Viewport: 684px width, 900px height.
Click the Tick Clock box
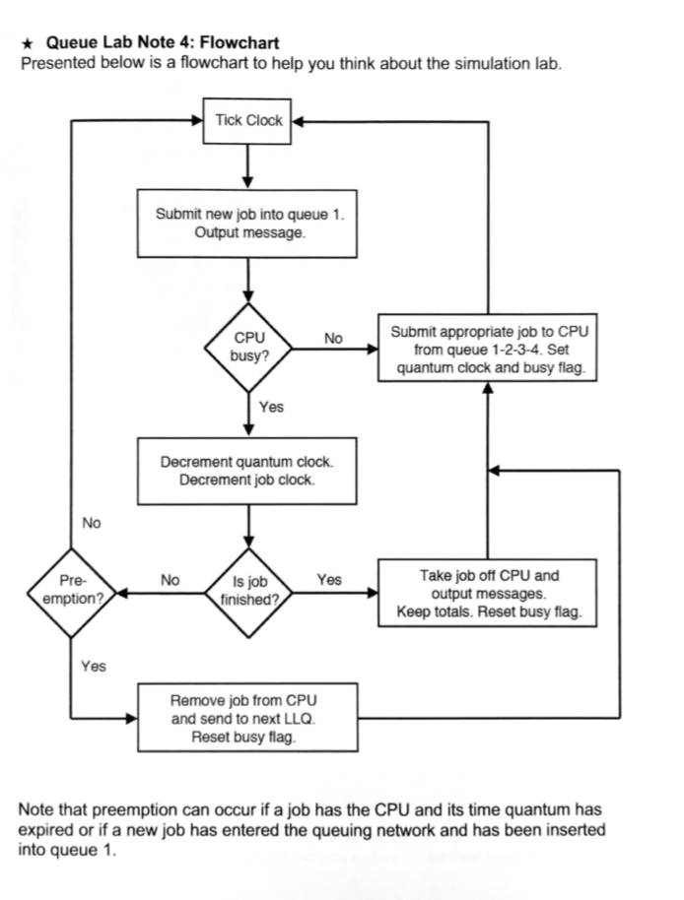point(248,121)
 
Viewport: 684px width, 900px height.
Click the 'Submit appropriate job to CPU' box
point(488,350)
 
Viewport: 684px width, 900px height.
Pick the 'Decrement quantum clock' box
point(248,471)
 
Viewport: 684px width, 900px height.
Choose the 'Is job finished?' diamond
point(248,590)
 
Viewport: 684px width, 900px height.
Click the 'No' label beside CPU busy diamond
point(333,339)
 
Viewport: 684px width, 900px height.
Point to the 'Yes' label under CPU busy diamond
point(271,407)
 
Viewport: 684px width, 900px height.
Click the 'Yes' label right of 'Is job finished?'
point(329,580)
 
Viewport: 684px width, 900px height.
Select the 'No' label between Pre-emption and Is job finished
point(171,580)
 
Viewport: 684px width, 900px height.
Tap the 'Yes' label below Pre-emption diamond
point(94,667)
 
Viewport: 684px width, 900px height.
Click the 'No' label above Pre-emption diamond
point(92,523)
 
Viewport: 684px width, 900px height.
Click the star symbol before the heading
point(29,43)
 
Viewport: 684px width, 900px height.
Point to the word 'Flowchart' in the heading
point(239,43)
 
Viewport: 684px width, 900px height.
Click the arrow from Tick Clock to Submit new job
point(248,164)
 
